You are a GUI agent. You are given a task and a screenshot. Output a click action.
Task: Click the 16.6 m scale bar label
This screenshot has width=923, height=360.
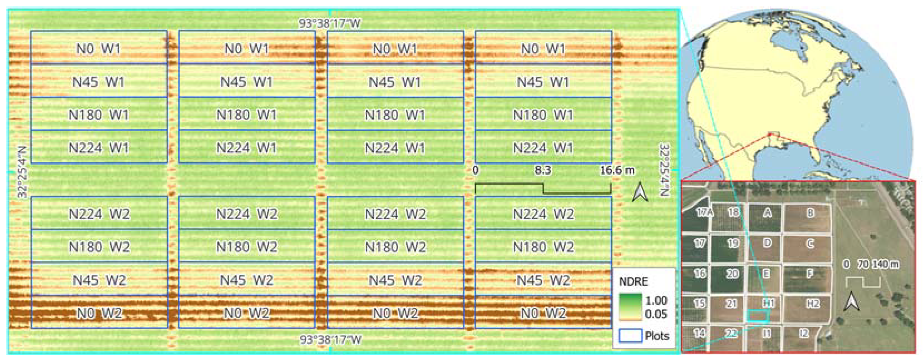(x=617, y=170)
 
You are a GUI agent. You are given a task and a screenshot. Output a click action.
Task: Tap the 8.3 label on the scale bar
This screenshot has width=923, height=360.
(x=543, y=170)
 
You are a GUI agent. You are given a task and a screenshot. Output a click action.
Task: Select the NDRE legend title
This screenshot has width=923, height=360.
(x=633, y=282)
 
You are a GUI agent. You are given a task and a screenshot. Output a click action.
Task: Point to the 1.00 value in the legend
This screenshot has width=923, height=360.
(x=656, y=300)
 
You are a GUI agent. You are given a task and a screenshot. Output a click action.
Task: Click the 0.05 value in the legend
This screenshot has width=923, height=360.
(x=656, y=314)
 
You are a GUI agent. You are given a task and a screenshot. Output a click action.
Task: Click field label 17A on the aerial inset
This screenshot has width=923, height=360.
(x=704, y=212)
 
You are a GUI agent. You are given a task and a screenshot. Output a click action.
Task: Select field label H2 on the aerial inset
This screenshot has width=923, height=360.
(x=813, y=304)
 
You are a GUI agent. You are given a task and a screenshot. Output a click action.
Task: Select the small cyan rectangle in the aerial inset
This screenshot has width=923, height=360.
(x=757, y=316)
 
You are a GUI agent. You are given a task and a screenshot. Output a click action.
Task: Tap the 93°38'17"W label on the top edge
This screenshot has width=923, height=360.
(x=330, y=24)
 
